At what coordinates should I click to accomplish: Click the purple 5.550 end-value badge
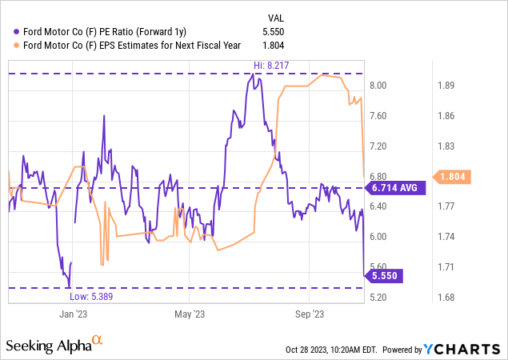pyautogui.click(x=386, y=274)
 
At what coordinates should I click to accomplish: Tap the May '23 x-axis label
pyautogui.click(x=190, y=315)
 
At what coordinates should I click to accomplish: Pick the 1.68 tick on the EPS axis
pyautogui.click(x=444, y=298)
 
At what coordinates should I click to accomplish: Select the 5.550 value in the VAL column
pyautogui.click(x=286, y=30)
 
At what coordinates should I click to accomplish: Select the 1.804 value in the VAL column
pyautogui.click(x=286, y=45)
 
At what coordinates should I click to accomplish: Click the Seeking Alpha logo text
pyautogui.click(x=48, y=346)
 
